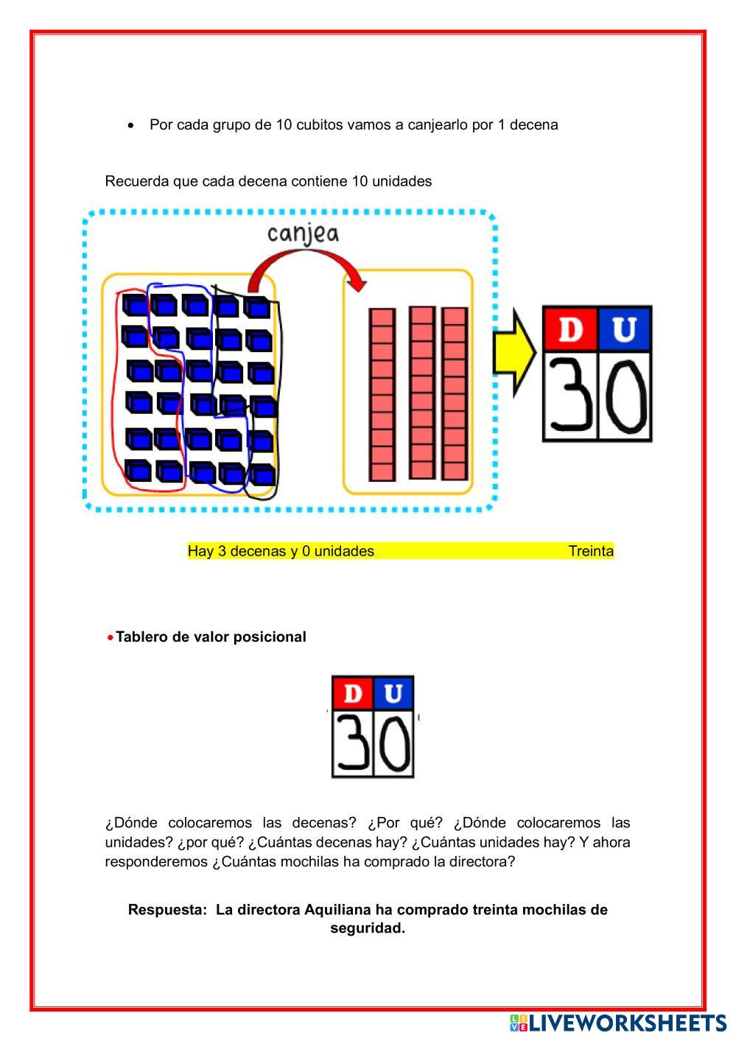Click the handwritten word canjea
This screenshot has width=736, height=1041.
pos(303,233)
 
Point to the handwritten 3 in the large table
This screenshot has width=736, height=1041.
pos(571,396)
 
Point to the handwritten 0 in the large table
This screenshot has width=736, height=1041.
pos(625,396)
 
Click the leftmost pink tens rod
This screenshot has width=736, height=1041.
pos(382,395)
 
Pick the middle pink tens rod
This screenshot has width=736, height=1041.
pos(422,393)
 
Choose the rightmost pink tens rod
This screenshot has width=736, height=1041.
pos(455,394)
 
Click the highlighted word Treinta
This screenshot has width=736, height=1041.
pos(591,551)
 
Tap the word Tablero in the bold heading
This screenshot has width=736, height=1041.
pos(142,637)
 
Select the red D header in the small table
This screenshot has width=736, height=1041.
pos(353,693)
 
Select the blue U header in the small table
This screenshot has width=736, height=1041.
pos(393,693)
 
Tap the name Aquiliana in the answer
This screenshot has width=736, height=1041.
pos(337,909)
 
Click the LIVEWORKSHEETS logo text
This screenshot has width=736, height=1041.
pos(627,1023)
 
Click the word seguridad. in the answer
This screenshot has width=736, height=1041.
pos(368,928)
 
